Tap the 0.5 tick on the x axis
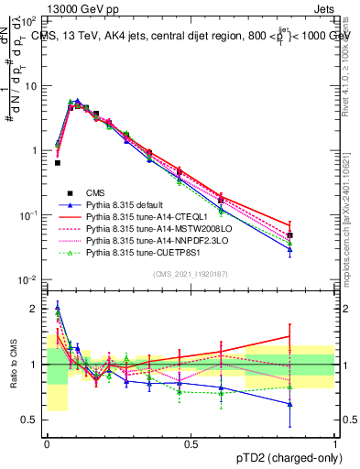click(x=191, y=443)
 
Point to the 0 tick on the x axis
click(x=47, y=443)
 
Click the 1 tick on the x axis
click(x=334, y=443)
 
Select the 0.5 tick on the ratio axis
click(x=33, y=420)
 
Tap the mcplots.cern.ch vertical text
click(x=352, y=229)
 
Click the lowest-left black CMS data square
click(x=58, y=163)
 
